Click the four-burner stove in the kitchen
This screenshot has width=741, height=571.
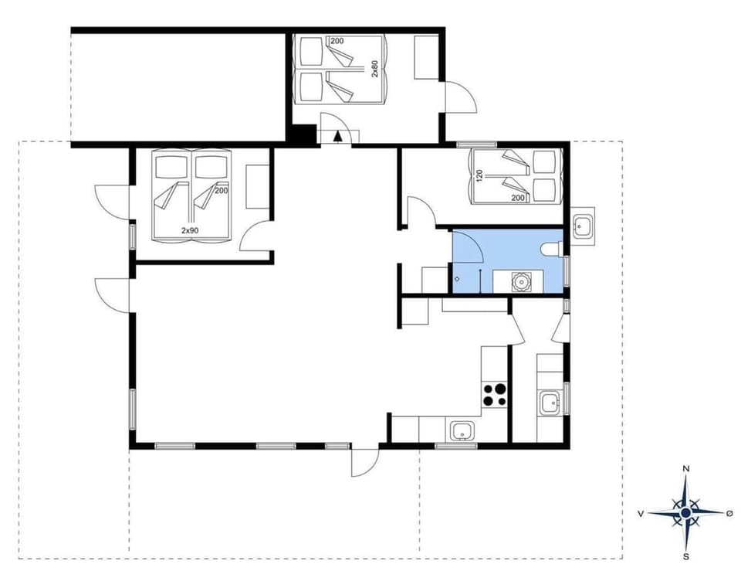[x=495, y=395]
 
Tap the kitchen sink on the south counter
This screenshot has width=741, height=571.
[x=462, y=431]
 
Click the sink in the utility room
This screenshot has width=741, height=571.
[x=550, y=403]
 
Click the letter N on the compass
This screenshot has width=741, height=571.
[x=685, y=469]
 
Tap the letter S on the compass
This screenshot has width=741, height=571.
[x=685, y=556]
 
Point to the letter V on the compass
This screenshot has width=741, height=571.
[x=641, y=513]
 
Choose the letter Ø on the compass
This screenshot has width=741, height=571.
[x=730, y=513]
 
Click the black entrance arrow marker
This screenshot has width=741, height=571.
[x=338, y=136]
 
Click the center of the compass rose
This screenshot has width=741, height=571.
[x=685, y=512]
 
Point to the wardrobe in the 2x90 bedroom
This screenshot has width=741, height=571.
[x=255, y=185]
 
